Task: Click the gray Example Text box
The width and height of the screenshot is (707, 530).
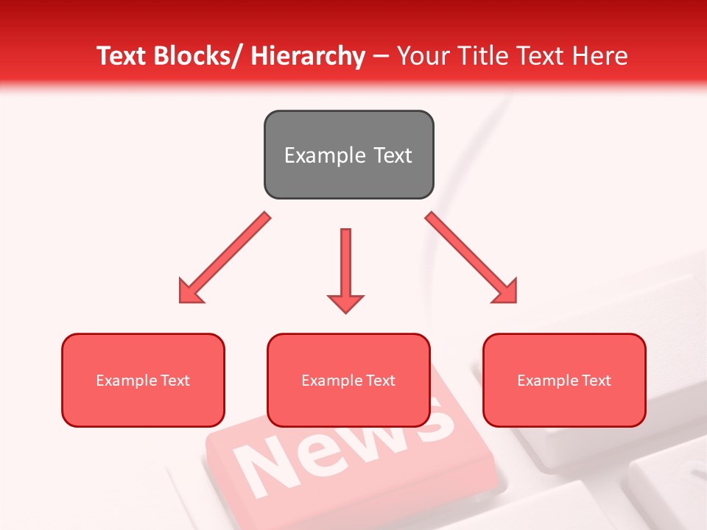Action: [348, 155]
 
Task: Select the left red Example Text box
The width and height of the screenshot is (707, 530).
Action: [143, 380]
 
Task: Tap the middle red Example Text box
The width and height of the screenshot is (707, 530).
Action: [348, 380]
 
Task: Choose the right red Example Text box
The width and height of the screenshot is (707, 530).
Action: [564, 380]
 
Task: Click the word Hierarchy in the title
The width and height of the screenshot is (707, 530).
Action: [307, 56]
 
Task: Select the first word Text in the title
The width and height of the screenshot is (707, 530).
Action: [124, 56]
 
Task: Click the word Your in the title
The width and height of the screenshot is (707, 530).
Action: [423, 56]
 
